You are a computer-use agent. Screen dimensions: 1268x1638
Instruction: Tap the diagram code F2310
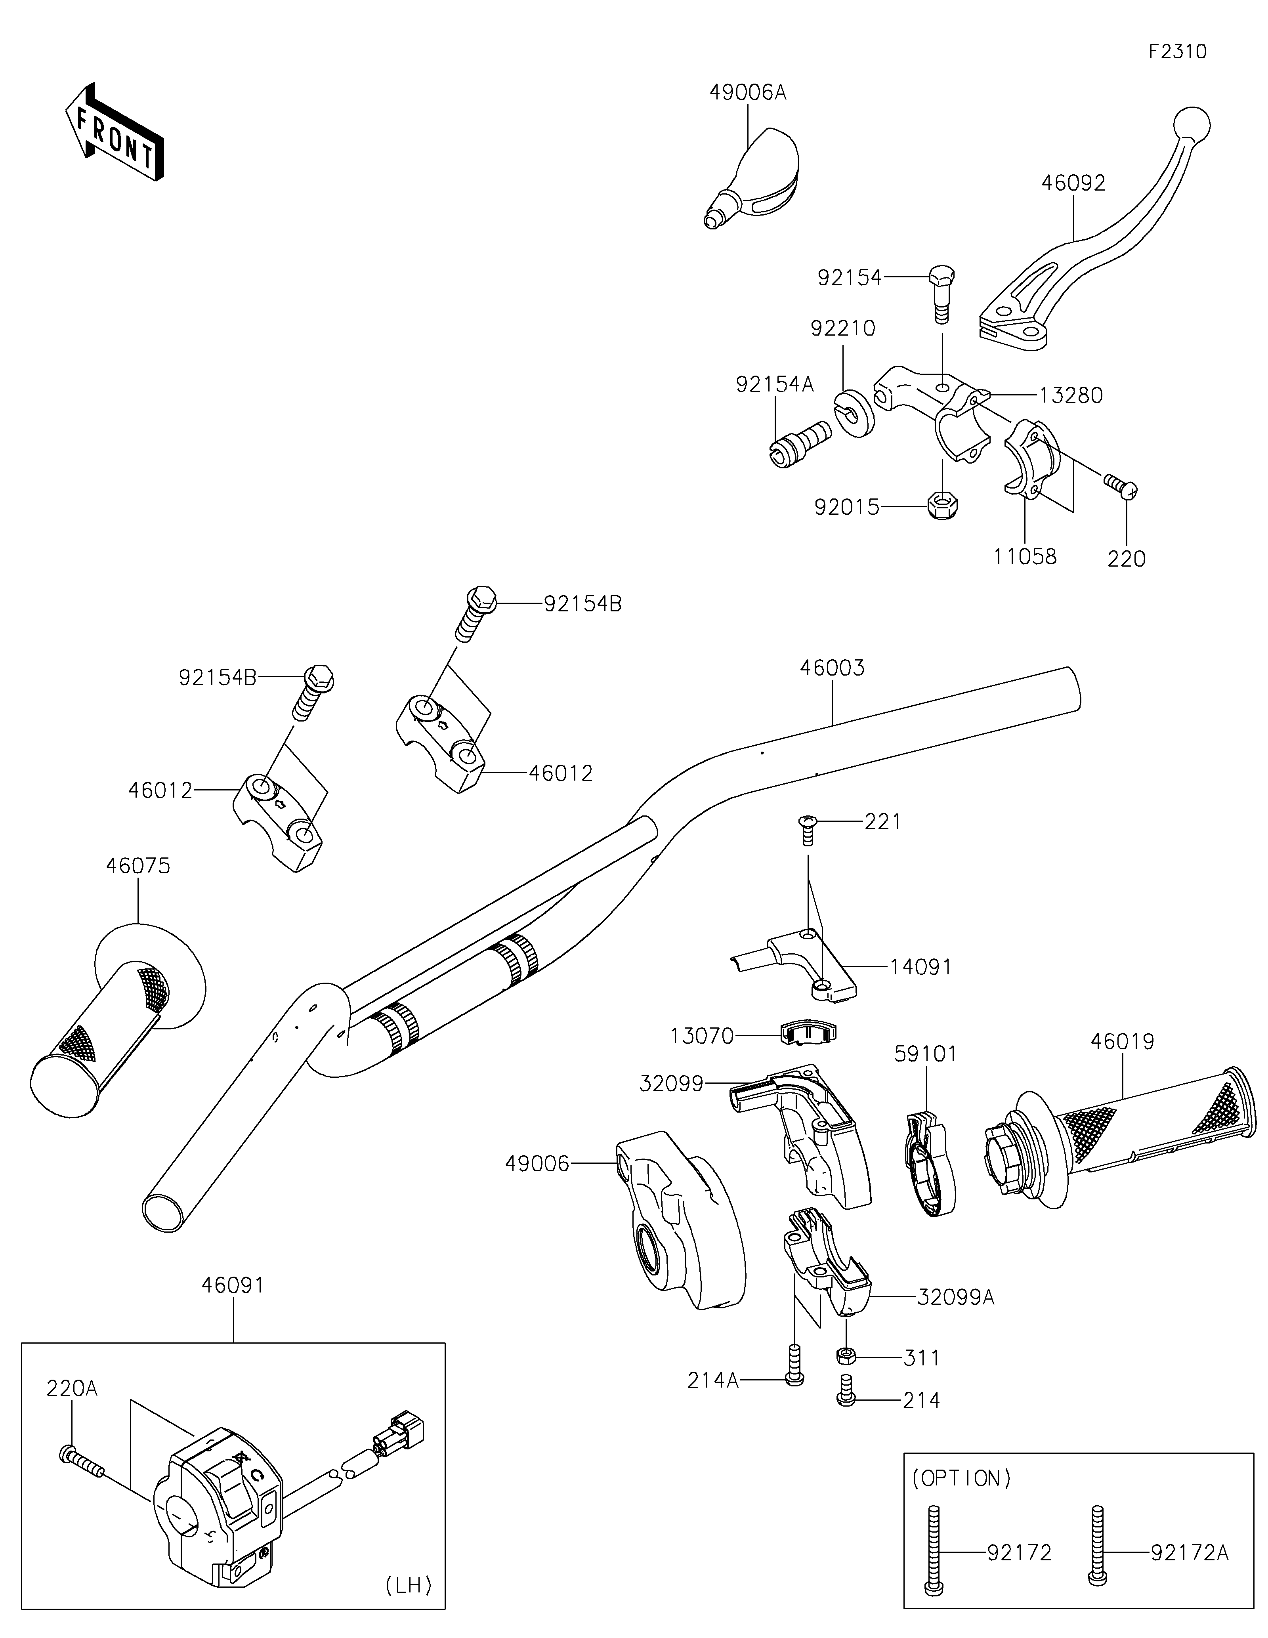click(x=1177, y=52)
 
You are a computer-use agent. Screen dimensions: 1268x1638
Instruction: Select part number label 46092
click(x=1073, y=183)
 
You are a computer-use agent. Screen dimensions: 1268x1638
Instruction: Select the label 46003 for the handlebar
click(x=833, y=668)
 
